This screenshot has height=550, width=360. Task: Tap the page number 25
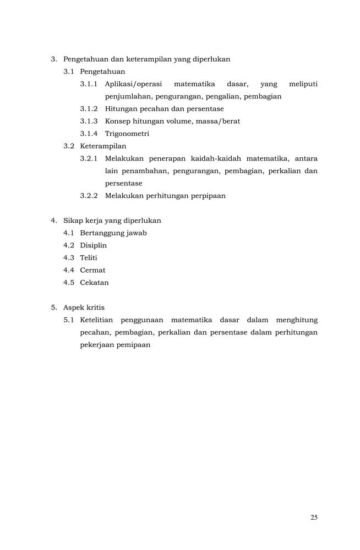point(314,517)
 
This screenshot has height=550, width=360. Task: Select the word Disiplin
point(93,245)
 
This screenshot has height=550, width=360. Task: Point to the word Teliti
point(89,257)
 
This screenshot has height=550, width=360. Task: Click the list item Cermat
point(92,270)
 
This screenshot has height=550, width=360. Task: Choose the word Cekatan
point(94,283)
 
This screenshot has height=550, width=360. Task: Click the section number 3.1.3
point(89,121)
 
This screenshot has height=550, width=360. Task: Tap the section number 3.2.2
point(89,196)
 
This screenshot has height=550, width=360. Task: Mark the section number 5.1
point(69,320)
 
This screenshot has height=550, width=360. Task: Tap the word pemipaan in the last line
point(133,345)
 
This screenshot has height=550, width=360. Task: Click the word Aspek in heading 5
point(74,307)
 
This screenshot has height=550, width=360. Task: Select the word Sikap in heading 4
point(73,221)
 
